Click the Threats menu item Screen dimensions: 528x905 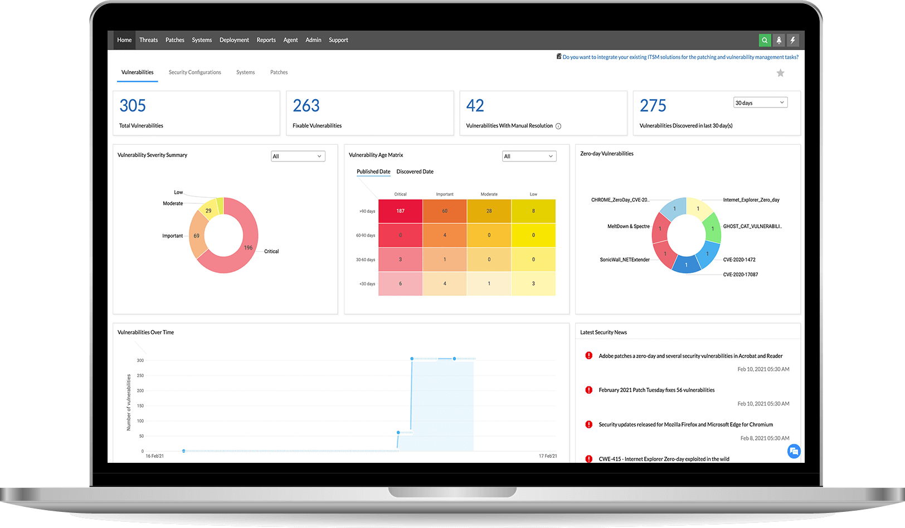(148, 40)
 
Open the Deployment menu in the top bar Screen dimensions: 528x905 (234, 40)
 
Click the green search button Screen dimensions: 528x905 (765, 40)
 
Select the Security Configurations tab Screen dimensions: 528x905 (194, 72)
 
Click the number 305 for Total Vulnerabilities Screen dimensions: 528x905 (133, 106)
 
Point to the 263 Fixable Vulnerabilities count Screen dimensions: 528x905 (306, 106)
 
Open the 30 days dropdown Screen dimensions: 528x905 (760, 102)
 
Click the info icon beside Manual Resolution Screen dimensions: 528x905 (558, 126)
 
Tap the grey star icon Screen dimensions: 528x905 (780, 73)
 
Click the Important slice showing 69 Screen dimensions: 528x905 (196, 236)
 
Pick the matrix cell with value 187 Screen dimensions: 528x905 (400, 211)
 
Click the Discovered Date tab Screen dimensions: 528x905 (415, 172)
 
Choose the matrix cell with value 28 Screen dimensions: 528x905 (489, 211)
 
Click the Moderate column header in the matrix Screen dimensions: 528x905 (489, 194)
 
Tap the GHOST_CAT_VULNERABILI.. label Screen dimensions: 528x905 (752, 227)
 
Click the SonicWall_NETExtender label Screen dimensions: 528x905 (625, 260)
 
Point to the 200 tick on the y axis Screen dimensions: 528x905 (140, 390)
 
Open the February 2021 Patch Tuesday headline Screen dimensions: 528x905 (656, 390)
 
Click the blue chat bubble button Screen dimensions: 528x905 (794, 451)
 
